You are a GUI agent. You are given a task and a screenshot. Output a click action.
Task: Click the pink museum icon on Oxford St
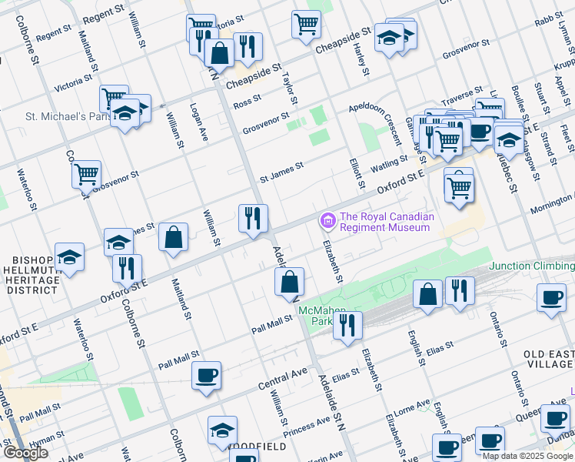tap(328, 222)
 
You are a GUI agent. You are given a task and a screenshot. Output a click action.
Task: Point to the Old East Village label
tap(548, 360)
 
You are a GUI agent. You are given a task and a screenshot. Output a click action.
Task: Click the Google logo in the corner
tap(25, 453)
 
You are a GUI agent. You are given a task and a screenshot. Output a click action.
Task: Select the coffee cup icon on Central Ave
tap(207, 376)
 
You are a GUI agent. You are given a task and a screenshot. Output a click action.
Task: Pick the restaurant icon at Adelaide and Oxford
tap(253, 218)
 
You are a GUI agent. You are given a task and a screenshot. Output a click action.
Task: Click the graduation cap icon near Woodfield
tap(222, 430)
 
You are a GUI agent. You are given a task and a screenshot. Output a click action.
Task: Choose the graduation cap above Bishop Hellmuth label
tap(70, 257)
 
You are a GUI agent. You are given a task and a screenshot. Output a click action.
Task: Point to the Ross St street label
tap(248, 102)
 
